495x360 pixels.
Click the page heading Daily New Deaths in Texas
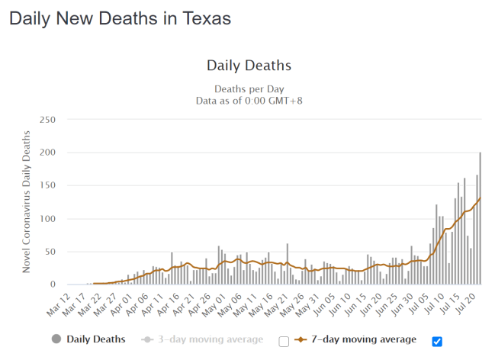point(120,18)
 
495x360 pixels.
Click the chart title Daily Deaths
point(249,66)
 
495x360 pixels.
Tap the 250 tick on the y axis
point(47,120)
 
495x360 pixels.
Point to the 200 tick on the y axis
point(47,153)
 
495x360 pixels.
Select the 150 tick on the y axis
point(47,185)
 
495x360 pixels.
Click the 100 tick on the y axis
point(47,219)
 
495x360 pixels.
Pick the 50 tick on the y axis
point(50,252)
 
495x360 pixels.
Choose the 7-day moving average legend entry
point(355,339)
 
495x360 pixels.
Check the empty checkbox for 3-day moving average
point(284,341)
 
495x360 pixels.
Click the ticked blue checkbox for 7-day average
point(437,341)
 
